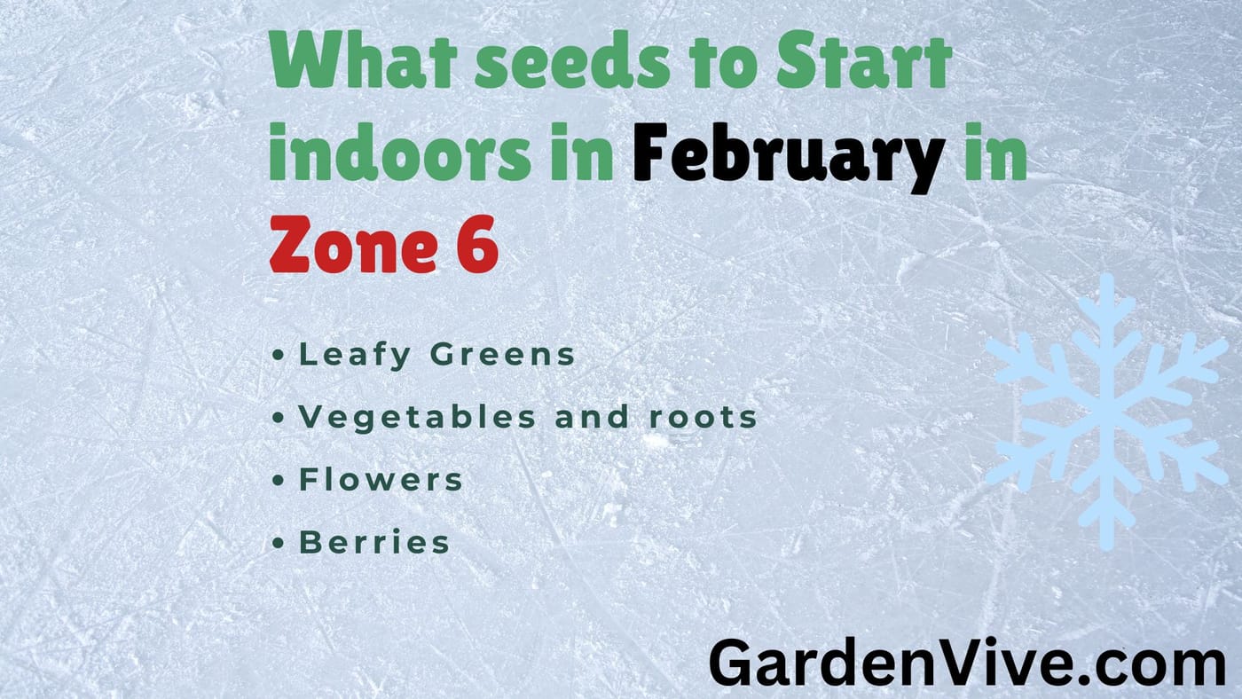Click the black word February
[x=789, y=156]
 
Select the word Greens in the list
[x=503, y=355]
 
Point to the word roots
[x=702, y=417]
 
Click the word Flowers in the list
[x=381, y=480]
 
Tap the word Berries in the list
[x=374, y=542]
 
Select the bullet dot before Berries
[x=279, y=543]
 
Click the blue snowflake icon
[x=1106, y=410]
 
